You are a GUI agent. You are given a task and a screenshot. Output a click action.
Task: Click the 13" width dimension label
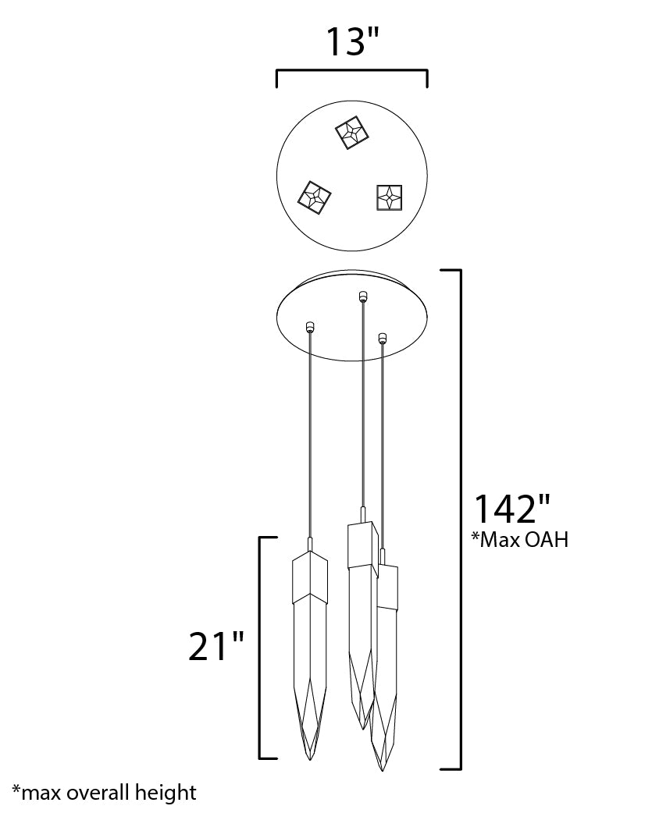[351, 41]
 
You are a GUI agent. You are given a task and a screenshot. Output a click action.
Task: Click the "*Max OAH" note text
[520, 540]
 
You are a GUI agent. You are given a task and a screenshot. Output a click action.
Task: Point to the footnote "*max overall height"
[105, 793]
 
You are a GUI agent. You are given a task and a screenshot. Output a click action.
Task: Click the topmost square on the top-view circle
[351, 133]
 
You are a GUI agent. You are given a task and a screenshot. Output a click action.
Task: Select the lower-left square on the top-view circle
[315, 200]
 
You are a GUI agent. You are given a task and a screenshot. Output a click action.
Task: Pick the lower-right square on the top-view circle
[389, 197]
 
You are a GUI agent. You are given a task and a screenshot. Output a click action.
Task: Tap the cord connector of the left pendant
[310, 327]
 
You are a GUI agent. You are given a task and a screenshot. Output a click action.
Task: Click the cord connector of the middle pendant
[363, 296]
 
